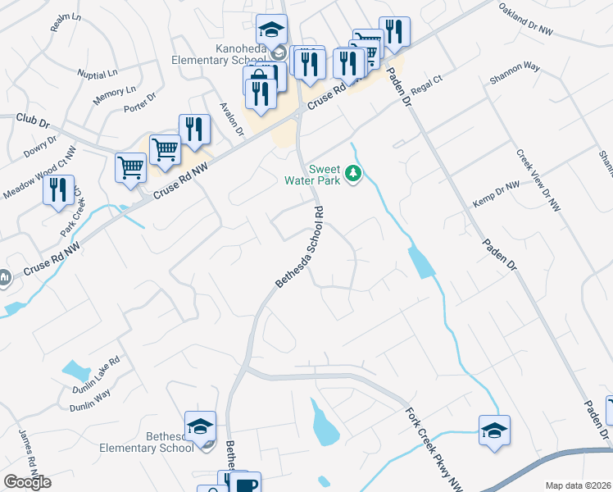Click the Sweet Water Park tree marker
tap(354, 173)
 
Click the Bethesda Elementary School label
tap(147, 442)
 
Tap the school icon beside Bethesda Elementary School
tap(200, 426)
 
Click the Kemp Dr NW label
tap(496, 195)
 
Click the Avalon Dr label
tap(233, 119)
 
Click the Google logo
tap(27, 482)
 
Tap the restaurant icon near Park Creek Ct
tap(58, 191)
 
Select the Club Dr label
tap(33, 122)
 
